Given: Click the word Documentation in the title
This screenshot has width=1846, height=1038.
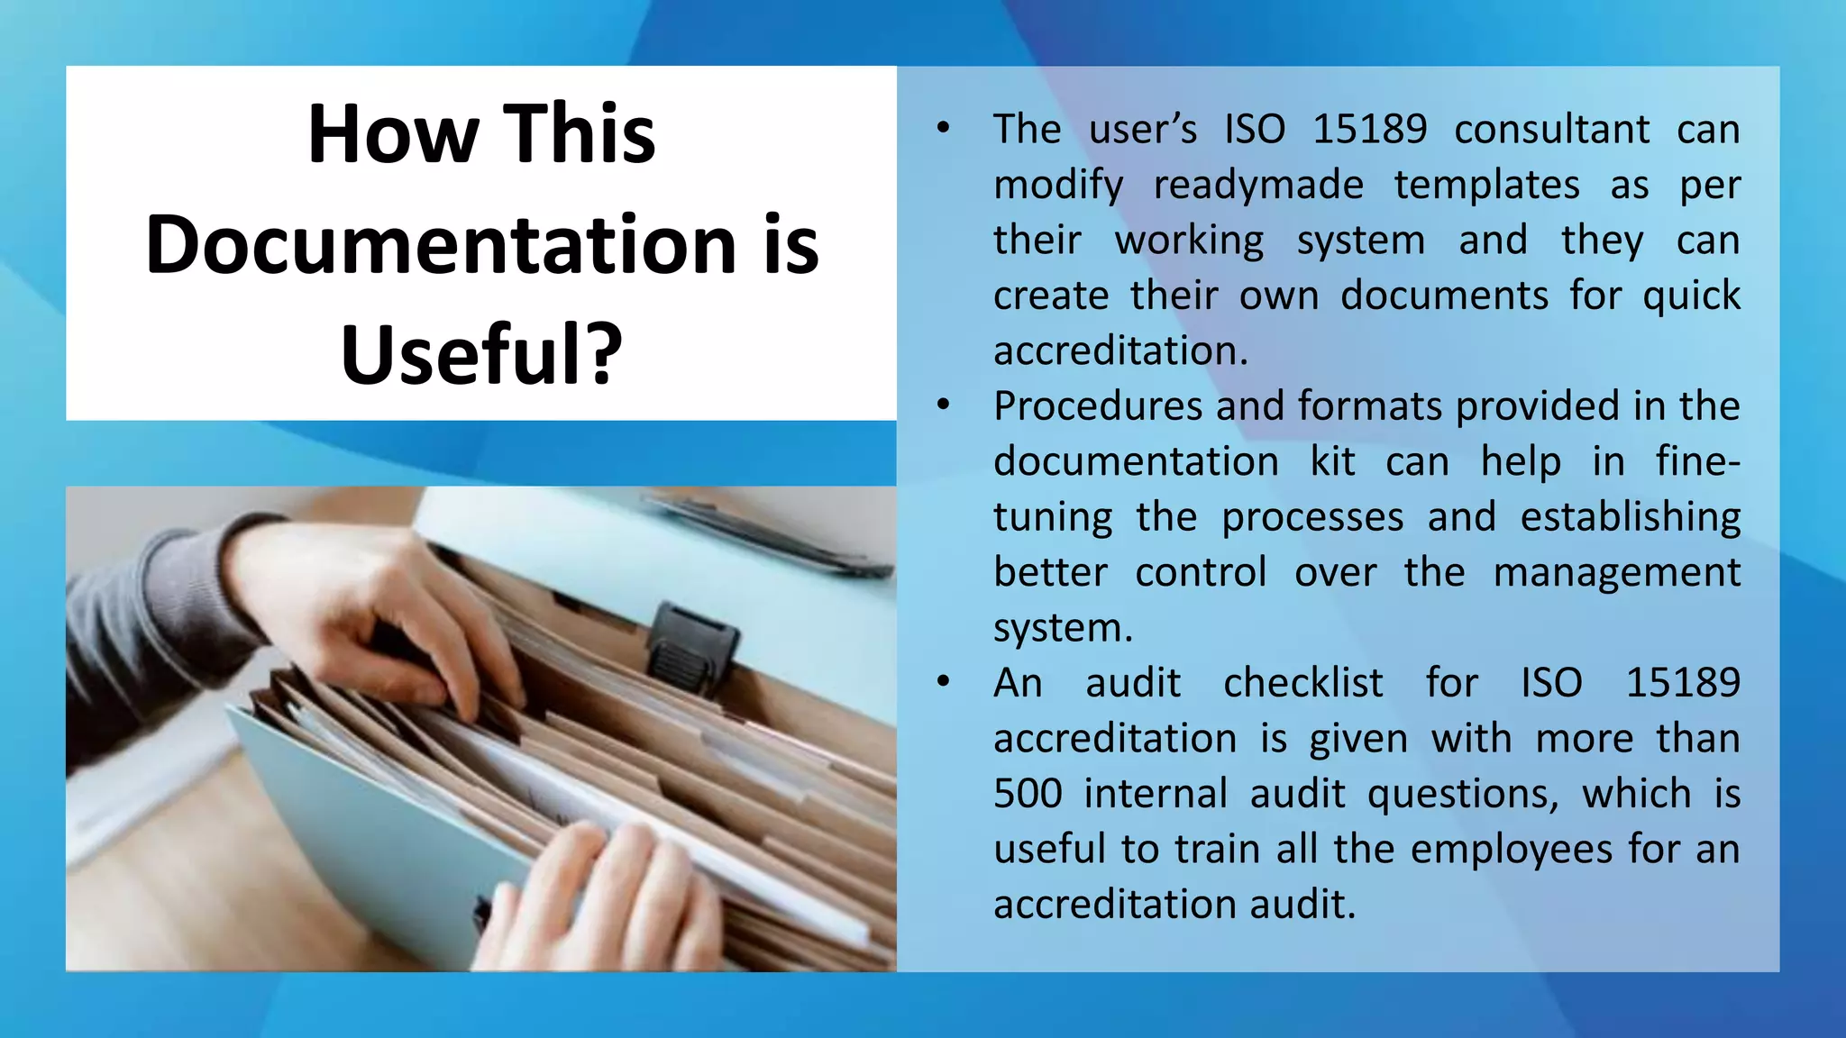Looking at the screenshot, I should coord(442,245).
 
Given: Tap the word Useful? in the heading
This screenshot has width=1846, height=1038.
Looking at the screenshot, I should coord(481,355).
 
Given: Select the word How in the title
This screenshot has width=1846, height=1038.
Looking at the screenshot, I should coord(391,134).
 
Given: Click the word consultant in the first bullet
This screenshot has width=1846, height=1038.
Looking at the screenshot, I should coord(1551,129).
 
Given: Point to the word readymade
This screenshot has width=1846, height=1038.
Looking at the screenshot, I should coord(1258,185).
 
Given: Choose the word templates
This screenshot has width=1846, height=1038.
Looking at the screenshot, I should coord(1486,185).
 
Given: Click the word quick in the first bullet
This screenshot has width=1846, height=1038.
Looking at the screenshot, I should coord(1691,296).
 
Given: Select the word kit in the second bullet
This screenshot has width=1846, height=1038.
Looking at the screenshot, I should coord(1332,461).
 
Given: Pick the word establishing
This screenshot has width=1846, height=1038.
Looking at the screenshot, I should coord(1630,517).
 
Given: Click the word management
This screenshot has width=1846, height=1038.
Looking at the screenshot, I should coord(1616,573).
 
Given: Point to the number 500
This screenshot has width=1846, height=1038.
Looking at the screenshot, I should coord(1028,794).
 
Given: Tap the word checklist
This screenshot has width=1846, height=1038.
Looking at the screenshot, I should coord(1302,683).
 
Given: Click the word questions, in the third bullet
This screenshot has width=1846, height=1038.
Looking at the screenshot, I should coord(1462,794).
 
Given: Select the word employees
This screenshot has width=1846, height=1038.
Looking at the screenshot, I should coord(1511,850).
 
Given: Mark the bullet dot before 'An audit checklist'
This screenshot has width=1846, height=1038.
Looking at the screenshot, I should coord(943,681).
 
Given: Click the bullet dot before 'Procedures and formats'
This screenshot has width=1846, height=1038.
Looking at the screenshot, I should coord(943,405).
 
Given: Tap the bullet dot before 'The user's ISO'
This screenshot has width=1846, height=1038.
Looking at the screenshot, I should coord(943,128).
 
